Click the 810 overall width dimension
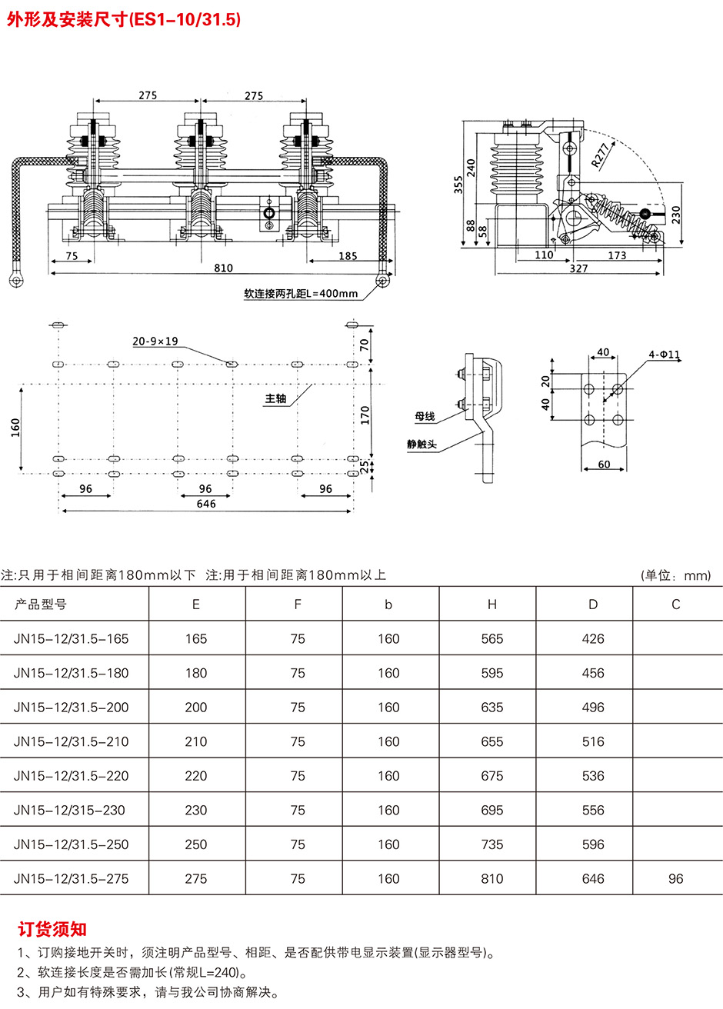pyautogui.click(x=224, y=268)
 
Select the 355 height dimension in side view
pyautogui.click(x=458, y=185)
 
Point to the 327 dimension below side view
pyautogui.click(x=578, y=268)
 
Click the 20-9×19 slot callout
pyautogui.click(x=155, y=341)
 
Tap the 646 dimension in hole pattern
pyautogui.click(x=206, y=504)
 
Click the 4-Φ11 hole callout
pyautogui.click(x=665, y=355)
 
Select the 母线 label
pyautogui.click(x=425, y=416)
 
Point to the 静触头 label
pyautogui.click(x=422, y=444)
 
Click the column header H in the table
pyautogui.click(x=492, y=604)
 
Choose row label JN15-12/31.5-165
pyautogui.click(x=71, y=638)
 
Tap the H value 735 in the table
pyautogui.click(x=492, y=844)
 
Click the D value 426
pyautogui.click(x=593, y=638)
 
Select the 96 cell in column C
pyautogui.click(x=676, y=878)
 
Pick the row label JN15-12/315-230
pyautogui.click(x=69, y=810)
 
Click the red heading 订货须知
pyautogui.click(x=52, y=929)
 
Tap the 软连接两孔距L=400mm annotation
pyautogui.click(x=301, y=294)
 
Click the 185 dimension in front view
pyautogui.click(x=348, y=256)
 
